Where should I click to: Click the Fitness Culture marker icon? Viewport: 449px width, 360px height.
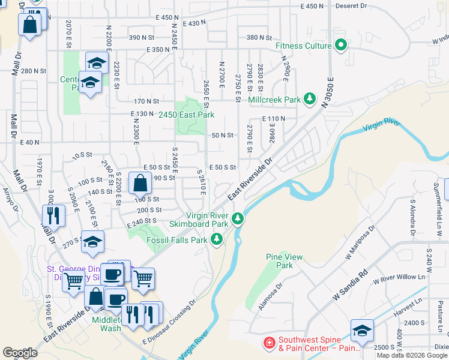pyautogui.click(x=341, y=46)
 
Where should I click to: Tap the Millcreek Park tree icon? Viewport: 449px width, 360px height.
pyautogui.click(x=310, y=98)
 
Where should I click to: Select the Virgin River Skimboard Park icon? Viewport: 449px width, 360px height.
pyautogui.click(x=238, y=218)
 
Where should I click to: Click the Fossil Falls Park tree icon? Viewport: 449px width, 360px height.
pyautogui.click(x=216, y=240)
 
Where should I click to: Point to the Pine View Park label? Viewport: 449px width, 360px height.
pyautogui.click(x=279, y=261)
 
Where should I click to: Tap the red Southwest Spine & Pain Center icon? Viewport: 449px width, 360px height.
pyautogui.click(x=270, y=343)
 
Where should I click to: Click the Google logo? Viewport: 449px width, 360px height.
pyautogui.click(x=20, y=352)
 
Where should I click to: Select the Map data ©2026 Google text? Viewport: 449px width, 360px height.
pyautogui.click(x=412, y=355)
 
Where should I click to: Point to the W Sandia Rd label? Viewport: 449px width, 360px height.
pyautogui.click(x=350, y=285)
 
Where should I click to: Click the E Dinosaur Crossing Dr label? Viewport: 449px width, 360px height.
pyautogui.click(x=170, y=322)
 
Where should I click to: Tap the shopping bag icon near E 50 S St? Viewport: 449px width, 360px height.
pyautogui.click(x=140, y=183)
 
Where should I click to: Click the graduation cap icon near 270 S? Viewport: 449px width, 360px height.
pyautogui.click(x=92, y=242)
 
